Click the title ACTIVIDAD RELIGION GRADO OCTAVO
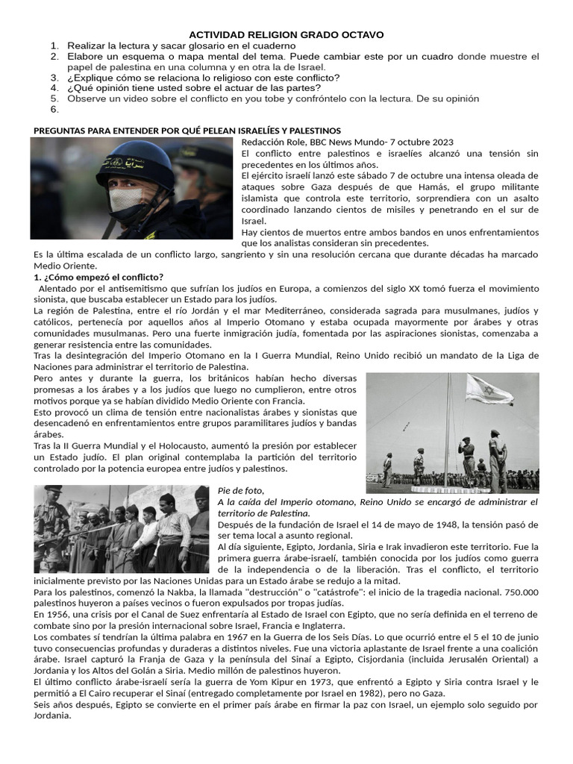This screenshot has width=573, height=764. click(286, 34)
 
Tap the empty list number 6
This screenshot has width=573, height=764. click(54, 109)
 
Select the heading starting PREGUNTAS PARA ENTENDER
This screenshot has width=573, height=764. click(187, 131)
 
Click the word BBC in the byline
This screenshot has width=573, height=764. click(321, 142)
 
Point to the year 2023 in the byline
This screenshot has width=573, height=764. click(439, 142)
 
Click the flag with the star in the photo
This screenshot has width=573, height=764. click(489, 389)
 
